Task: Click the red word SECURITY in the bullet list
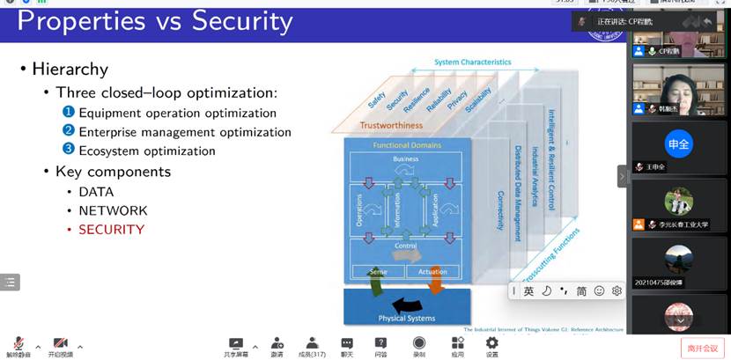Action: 111,230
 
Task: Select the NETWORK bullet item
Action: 113,211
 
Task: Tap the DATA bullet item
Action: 96,192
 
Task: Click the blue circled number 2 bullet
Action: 69,131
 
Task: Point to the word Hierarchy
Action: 70,69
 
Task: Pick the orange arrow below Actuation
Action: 435,281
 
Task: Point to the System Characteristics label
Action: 472,62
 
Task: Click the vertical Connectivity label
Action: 500,210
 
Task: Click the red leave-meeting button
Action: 702,348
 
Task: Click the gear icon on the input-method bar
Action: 617,290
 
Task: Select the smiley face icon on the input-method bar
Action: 599,290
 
